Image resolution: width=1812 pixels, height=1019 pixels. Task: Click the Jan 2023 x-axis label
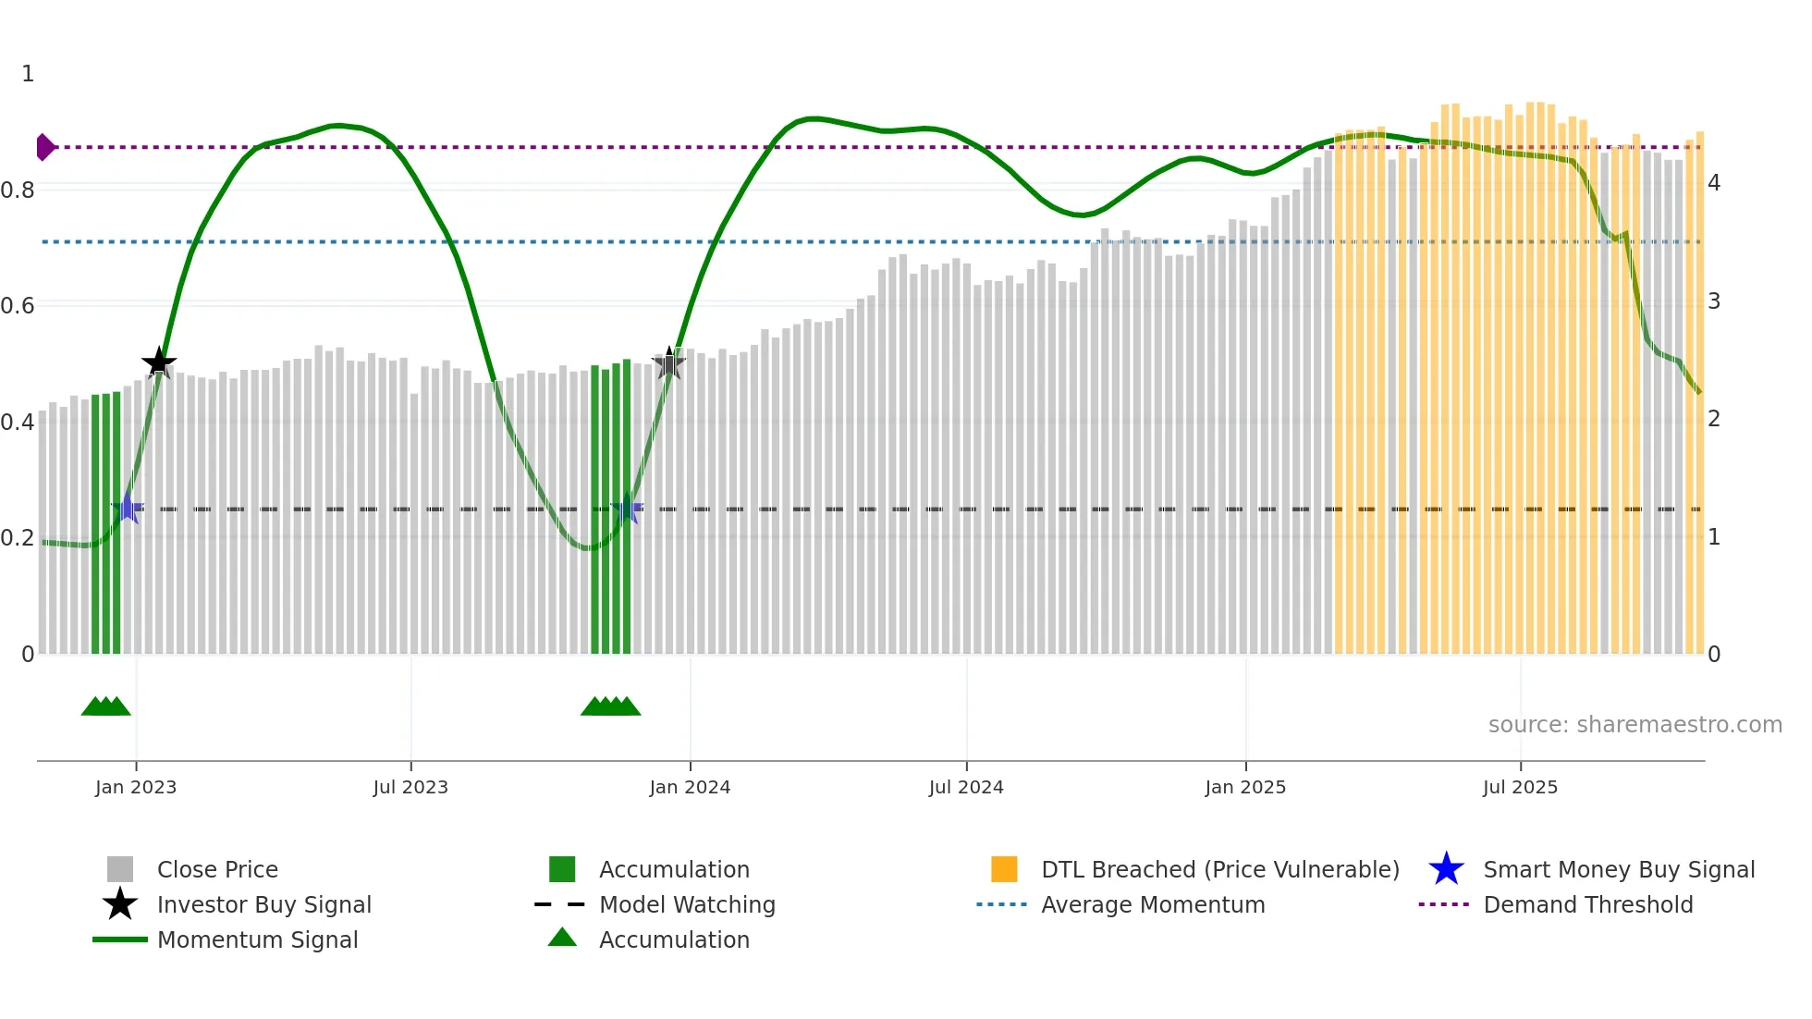pyautogui.click(x=136, y=788)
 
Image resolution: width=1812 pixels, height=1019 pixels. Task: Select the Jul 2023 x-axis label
pyautogui.click(x=410, y=788)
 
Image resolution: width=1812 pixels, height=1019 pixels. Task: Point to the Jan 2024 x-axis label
pyautogui.click(x=690, y=788)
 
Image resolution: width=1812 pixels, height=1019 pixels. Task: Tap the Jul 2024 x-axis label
pyautogui.click(x=966, y=788)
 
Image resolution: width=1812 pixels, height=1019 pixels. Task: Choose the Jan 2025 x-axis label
pyautogui.click(x=1245, y=788)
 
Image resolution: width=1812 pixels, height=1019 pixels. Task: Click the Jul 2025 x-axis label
pyautogui.click(x=1520, y=788)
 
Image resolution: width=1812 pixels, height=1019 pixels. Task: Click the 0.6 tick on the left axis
pyautogui.click(x=18, y=306)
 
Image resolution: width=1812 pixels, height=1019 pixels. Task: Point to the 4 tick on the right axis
pyautogui.click(x=1714, y=183)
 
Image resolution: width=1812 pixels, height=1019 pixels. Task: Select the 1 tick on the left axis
pyautogui.click(x=28, y=74)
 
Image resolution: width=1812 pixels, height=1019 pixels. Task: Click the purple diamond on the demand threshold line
pyautogui.click(x=44, y=147)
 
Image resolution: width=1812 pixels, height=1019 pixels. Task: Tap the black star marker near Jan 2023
pyautogui.click(x=159, y=362)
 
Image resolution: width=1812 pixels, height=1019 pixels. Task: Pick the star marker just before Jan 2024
pyautogui.click(x=669, y=363)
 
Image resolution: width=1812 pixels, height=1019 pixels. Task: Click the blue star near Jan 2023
pyautogui.click(x=128, y=508)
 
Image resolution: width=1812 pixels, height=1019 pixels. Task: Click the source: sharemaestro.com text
pyautogui.click(x=1634, y=725)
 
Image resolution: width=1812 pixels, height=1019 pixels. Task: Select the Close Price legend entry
pyautogui.click(x=217, y=870)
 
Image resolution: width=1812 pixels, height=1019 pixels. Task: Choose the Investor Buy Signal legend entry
pyautogui.click(x=263, y=905)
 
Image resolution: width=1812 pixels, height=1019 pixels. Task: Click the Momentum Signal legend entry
pyautogui.click(x=257, y=940)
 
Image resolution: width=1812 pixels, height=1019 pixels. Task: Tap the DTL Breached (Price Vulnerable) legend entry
pyautogui.click(x=1219, y=870)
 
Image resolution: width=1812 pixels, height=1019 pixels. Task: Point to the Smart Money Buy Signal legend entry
pyautogui.click(x=1618, y=870)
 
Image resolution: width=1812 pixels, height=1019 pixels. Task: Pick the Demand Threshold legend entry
pyautogui.click(x=1587, y=905)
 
